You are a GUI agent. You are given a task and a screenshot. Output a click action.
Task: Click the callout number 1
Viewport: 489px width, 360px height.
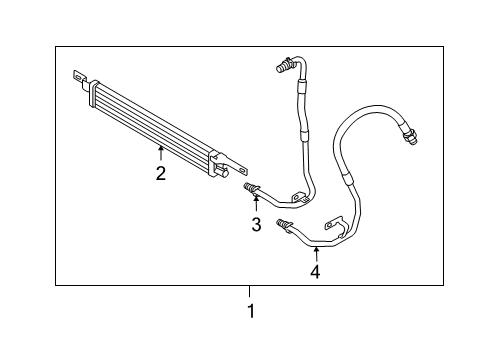point(251,311)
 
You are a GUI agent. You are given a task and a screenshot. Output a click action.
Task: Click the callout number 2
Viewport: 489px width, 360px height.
point(160,172)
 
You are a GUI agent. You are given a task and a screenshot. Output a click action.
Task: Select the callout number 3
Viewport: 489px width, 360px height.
point(256,225)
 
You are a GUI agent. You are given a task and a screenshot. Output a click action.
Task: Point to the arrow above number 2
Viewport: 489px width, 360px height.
point(160,152)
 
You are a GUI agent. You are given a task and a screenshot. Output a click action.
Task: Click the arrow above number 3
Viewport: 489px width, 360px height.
point(256,203)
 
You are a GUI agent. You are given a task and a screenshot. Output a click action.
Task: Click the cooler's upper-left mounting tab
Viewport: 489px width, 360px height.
point(79,75)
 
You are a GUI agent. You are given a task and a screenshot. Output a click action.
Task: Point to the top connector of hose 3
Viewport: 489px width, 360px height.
point(283,67)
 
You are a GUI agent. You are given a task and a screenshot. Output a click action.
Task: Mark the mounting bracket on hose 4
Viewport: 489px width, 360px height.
point(328,225)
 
